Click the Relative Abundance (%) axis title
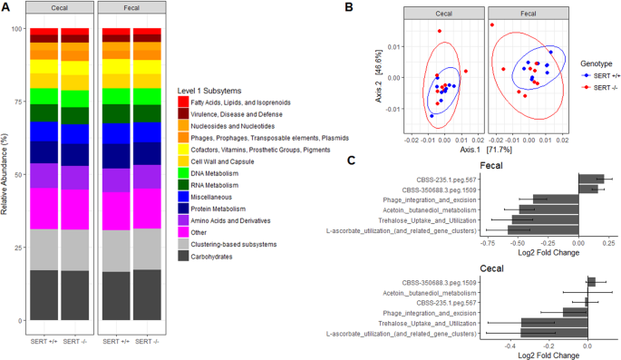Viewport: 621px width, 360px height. tap(6, 173)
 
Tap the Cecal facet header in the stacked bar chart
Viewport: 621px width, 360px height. tap(58, 15)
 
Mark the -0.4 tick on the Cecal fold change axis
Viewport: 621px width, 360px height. tap(510, 345)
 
